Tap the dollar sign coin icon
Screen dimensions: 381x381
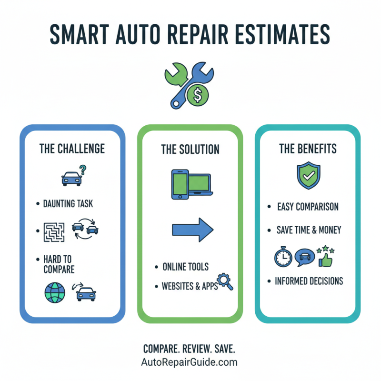point(196,95)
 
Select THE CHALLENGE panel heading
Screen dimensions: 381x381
point(72,149)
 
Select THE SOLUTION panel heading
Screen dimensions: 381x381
point(190,150)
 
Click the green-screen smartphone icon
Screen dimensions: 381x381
point(180,185)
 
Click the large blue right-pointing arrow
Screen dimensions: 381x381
point(192,229)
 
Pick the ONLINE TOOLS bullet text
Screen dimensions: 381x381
point(185,267)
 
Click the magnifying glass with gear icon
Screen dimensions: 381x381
point(224,281)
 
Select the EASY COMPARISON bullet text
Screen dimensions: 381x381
point(308,207)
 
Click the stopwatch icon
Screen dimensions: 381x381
point(282,257)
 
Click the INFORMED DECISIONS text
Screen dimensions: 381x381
point(309,281)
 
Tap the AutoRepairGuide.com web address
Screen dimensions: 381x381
point(190,362)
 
